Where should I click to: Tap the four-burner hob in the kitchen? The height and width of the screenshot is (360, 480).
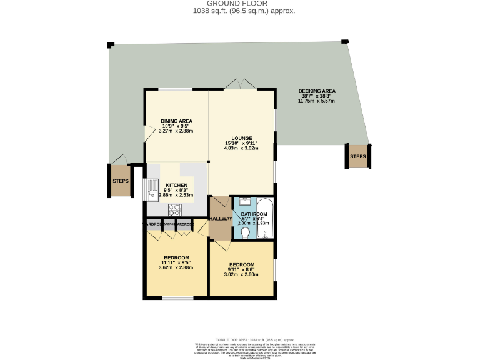(x=174, y=209)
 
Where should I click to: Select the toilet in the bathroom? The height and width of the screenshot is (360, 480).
(x=245, y=232)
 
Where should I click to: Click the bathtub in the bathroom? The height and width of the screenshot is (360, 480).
(x=265, y=219)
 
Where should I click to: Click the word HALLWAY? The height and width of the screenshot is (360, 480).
(x=220, y=218)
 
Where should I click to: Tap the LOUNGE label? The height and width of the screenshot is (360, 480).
(x=241, y=138)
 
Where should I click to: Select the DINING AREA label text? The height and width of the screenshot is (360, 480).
(x=176, y=121)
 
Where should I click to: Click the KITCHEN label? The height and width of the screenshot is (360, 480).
(x=176, y=185)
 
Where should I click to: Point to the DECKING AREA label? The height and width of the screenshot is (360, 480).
(x=317, y=91)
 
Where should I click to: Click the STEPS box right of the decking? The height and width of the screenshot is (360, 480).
(x=358, y=156)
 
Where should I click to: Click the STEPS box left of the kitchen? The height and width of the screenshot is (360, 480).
(x=121, y=181)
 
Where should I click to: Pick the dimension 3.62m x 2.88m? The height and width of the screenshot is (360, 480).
(x=176, y=267)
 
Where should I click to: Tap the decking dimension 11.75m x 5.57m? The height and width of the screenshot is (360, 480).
(x=317, y=101)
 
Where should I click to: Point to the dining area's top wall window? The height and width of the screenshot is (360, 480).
(x=175, y=90)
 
